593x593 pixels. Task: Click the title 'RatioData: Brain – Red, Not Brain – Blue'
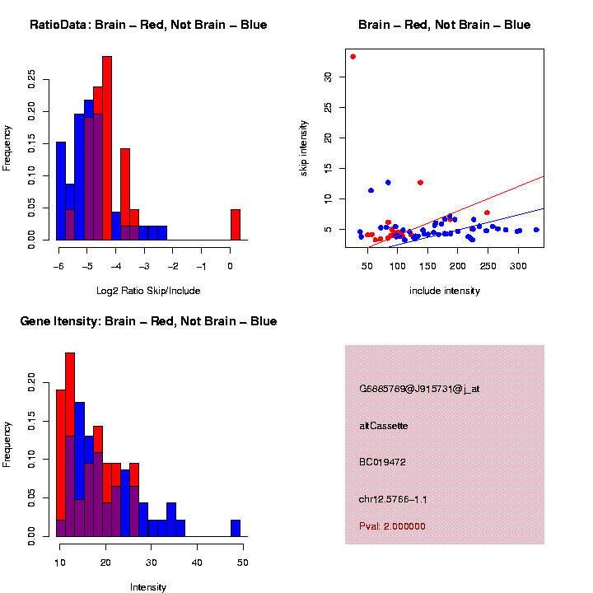148,25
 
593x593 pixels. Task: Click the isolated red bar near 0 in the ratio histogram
235,225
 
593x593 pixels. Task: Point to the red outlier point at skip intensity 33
353,57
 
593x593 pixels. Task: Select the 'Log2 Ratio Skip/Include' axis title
148,290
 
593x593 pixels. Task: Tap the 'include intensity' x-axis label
445,290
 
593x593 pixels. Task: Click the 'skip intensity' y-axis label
304,147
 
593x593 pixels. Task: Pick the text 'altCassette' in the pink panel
384,426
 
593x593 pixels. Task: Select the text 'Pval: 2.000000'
392,526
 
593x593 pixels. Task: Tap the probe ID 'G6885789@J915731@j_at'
419,389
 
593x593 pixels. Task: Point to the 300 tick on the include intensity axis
518,266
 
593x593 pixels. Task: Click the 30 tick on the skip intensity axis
327,77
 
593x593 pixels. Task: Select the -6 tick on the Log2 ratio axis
58,266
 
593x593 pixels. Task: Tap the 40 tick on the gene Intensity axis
197,562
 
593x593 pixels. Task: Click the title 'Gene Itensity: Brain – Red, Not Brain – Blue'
148,320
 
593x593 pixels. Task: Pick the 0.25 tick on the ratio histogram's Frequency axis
32,77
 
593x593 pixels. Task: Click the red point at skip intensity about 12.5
420,182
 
